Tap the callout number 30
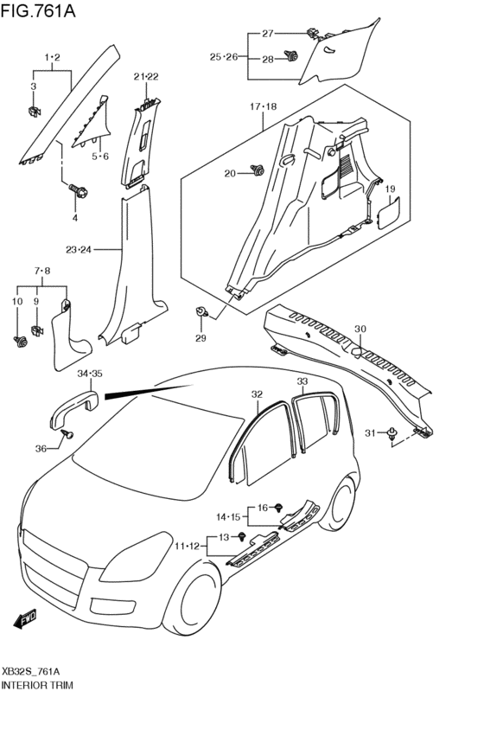tap(360, 328)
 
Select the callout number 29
tap(201, 337)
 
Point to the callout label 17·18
tap(264, 107)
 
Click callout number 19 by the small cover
tap(390, 189)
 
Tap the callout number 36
tap(41, 447)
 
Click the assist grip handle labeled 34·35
tap(73, 406)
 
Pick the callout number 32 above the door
tap(257, 394)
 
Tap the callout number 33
tap(302, 381)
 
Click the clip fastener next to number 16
tap(280, 509)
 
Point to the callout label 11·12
tap(188, 547)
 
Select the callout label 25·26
tap(223, 56)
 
